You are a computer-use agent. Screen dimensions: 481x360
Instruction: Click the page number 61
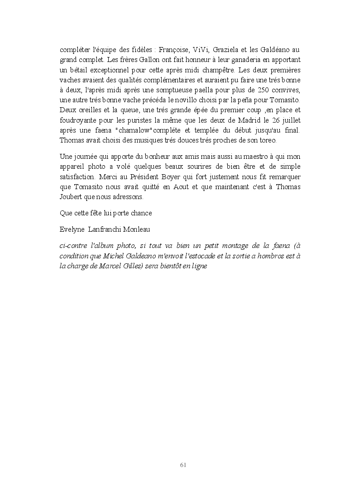[x=183, y=465]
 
